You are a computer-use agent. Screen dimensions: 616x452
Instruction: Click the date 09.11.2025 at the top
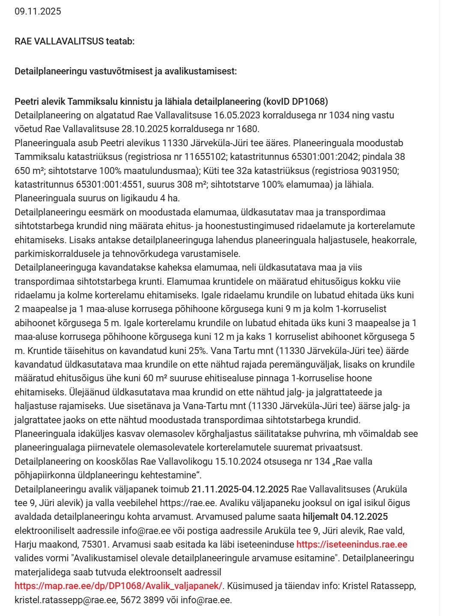click(38, 12)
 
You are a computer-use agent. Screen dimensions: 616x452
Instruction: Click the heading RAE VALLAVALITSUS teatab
click(74, 41)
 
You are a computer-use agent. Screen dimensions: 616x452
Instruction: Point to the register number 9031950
click(380, 170)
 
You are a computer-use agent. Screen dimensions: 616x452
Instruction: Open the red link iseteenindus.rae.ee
click(351, 544)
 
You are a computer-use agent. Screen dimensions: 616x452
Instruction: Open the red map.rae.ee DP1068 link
click(119, 586)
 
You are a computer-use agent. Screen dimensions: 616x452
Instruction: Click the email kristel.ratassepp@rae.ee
click(65, 600)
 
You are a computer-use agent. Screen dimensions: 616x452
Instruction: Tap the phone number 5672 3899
click(142, 600)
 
